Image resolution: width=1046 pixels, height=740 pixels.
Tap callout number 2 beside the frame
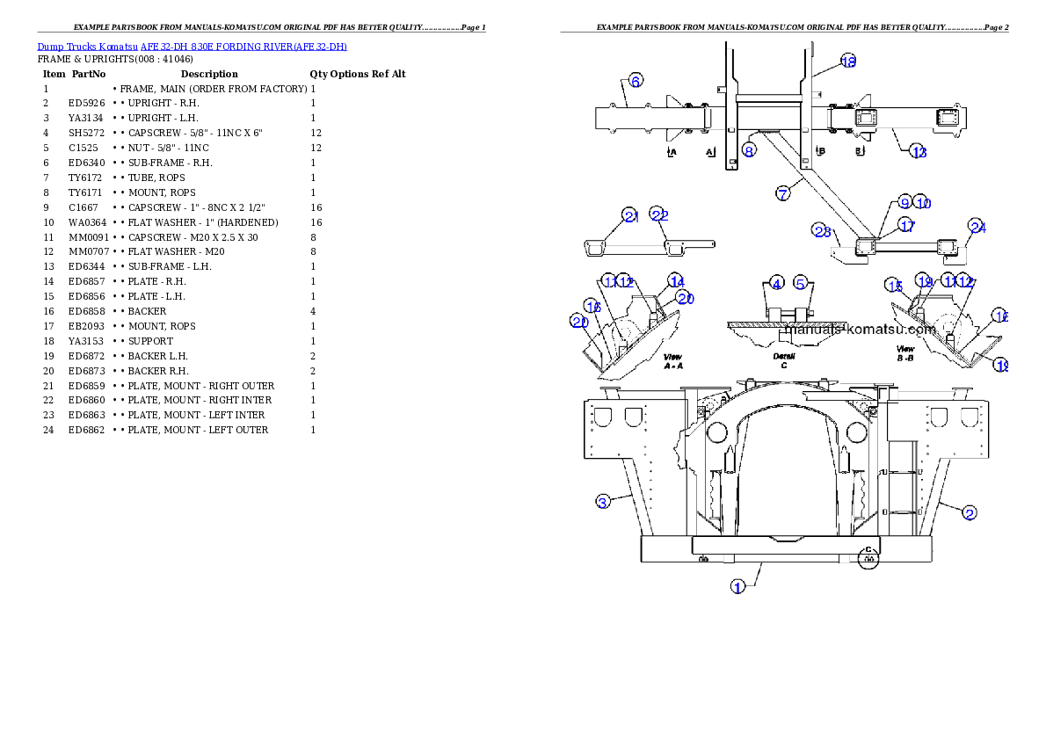click(x=969, y=512)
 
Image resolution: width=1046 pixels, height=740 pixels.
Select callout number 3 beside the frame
click(x=602, y=502)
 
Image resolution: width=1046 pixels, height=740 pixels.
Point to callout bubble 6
click(x=636, y=79)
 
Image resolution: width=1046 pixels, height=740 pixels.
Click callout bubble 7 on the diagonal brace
click(x=782, y=192)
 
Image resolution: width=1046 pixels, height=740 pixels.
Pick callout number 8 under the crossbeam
click(x=748, y=150)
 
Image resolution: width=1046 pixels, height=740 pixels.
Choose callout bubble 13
click(x=919, y=153)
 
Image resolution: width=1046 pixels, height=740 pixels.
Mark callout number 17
click(x=906, y=225)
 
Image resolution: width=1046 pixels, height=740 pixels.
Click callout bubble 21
click(x=629, y=214)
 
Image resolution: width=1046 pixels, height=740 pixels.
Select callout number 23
click(x=822, y=231)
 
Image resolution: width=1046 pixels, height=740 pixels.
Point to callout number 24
click(x=977, y=227)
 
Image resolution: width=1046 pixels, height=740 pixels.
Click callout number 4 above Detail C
click(x=776, y=283)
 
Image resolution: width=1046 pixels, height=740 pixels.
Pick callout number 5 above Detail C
click(x=801, y=283)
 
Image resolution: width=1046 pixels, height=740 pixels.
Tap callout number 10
click(x=921, y=202)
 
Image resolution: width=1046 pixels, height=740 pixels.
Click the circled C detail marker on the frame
click(x=868, y=555)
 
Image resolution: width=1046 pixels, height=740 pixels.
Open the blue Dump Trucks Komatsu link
click(x=192, y=46)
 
